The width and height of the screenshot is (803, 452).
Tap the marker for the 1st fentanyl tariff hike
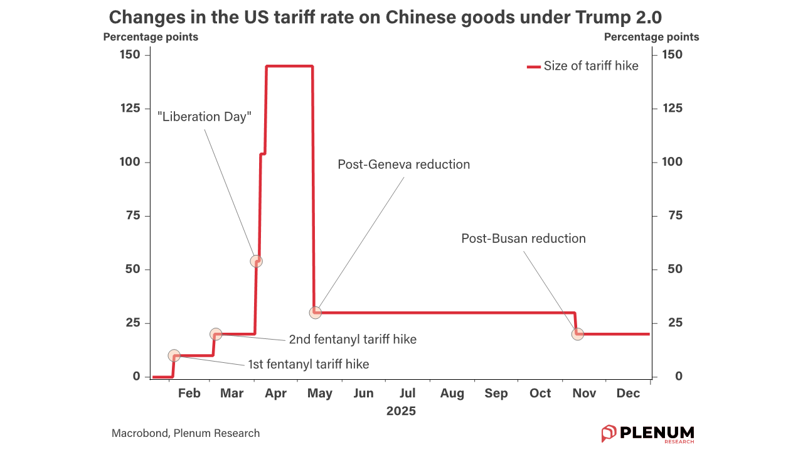[x=174, y=356]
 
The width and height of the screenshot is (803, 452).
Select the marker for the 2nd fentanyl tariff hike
[x=216, y=334]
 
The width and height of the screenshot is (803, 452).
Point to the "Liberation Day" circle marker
[x=256, y=261]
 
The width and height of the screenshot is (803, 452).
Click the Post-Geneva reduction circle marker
[x=316, y=313]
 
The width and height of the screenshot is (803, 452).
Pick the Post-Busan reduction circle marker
[x=578, y=334]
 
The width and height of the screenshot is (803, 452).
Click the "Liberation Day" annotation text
[x=205, y=117]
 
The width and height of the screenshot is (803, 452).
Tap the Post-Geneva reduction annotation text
[x=403, y=164]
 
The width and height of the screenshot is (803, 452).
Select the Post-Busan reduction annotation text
[x=523, y=239]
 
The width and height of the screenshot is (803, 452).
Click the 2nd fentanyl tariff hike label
[x=353, y=340]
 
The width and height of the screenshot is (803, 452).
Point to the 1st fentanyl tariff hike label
[x=309, y=364]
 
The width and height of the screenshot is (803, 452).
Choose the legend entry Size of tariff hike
[x=583, y=66]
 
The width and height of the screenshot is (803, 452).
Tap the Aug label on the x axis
[x=452, y=394]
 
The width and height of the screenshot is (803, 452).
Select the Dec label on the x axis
[x=628, y=394]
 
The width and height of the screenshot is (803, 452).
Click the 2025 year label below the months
[x=401, y=412]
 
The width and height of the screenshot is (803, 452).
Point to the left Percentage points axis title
[x=151, y=37]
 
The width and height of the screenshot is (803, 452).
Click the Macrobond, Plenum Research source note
[x=186, y=433]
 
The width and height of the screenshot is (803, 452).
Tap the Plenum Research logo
[x=647, y=433]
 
